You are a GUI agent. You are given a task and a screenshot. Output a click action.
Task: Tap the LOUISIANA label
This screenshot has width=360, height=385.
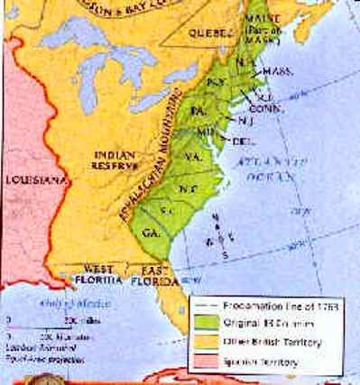point(32,179)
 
